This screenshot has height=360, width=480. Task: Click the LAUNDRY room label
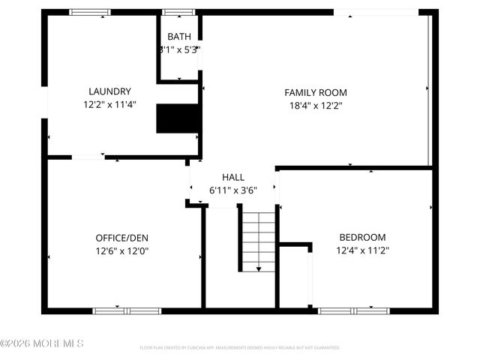pos(109,91)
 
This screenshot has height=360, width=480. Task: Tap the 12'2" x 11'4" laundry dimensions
pos(109,106)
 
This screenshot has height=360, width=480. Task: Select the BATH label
pos(179,37)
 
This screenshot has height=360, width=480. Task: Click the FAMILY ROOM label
pos(316,92)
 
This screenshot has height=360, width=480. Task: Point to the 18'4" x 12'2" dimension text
pos(316,106)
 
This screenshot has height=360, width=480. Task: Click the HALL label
pos(233,177)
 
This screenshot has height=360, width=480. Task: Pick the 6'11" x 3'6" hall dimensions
pos(233,190)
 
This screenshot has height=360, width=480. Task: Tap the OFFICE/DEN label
pos(121,238)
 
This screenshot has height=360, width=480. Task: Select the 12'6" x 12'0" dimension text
pos(121,251)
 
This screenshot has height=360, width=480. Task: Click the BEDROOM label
pos(362,237)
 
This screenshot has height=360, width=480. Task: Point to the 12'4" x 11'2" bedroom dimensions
pos(362,251)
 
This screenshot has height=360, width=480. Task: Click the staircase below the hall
pos(258,240)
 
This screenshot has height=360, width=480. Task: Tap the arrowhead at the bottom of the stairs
pos(259,268)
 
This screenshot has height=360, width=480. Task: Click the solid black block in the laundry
pos(178,118)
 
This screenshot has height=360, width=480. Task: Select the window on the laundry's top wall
pos(90,12)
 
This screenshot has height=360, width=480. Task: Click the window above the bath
pos(178,12)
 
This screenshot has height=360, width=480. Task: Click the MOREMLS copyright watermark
pos(42,343)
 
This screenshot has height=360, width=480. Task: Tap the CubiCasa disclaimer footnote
pos(240,348)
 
